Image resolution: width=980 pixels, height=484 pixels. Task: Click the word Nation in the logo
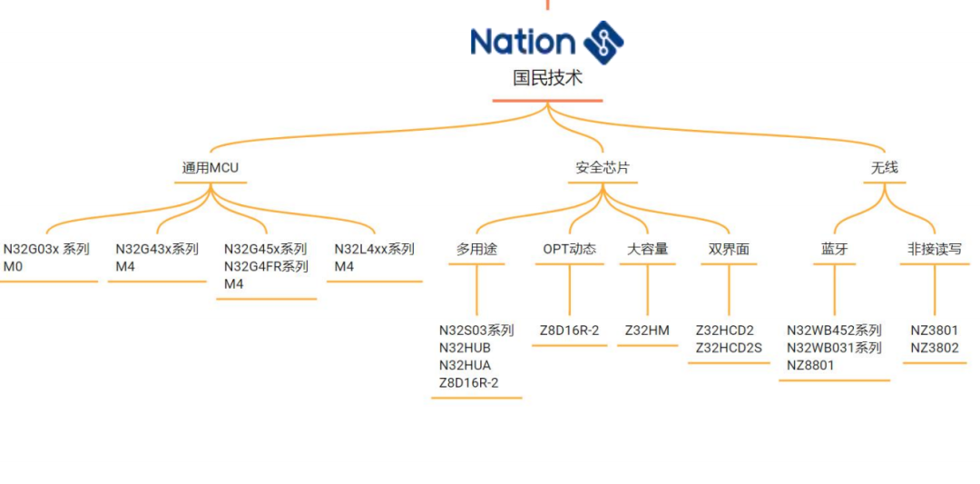[523, 42]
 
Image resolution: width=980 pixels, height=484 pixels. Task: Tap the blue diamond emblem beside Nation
[603, 42]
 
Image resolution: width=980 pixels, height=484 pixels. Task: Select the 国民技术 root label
[547, 78]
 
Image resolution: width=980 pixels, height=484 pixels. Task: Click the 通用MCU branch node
[211, 168]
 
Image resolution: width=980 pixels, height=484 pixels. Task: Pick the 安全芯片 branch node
[603, 168]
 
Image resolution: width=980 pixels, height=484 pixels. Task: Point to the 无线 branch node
[885, 168]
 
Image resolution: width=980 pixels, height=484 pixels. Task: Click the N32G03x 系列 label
[46, 249]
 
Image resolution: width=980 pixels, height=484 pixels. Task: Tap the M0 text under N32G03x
[12, 266]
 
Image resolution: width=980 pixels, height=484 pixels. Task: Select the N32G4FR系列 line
[266, 266]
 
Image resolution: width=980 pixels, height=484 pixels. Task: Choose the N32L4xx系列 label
[374, 249]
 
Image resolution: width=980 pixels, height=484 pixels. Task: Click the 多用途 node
[476, 249]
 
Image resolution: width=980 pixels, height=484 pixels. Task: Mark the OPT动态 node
[569, 249]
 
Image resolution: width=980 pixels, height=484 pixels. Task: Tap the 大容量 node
[648, 249]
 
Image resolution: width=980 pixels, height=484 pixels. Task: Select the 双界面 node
[730, 249]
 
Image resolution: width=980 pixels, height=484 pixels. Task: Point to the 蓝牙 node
[834, 249]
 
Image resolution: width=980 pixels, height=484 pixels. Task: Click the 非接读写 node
[934, 249]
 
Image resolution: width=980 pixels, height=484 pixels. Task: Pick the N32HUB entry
[465, 348]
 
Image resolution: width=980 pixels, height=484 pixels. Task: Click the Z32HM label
[647, 331]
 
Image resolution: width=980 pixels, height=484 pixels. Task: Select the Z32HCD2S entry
[729, 348]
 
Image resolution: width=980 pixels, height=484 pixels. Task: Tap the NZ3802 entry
[934, 348]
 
